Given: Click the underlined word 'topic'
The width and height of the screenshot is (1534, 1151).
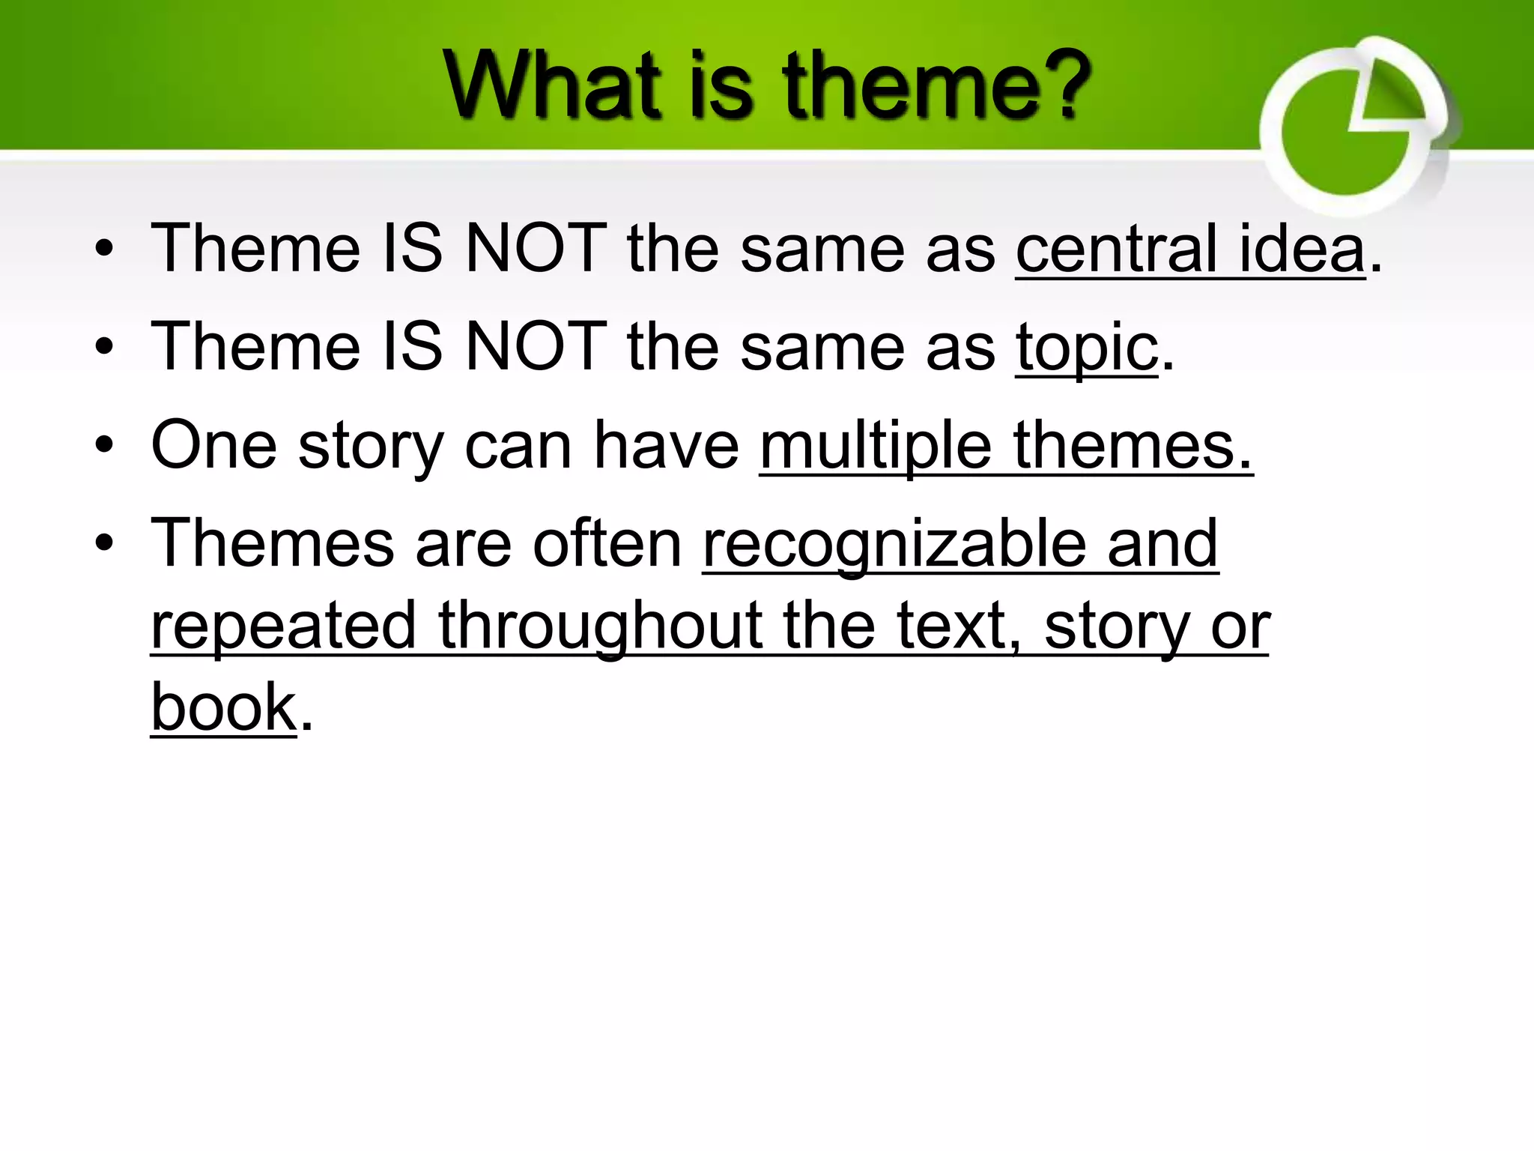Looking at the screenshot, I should [1086, 346].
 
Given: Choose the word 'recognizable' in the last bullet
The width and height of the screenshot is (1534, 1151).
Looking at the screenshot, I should [894, 544].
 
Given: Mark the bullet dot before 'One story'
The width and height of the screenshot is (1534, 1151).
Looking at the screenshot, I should [104, 447].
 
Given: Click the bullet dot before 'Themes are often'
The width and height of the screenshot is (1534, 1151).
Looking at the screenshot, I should [104, 544].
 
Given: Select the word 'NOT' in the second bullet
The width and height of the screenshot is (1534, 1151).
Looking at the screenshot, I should [536, 346].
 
